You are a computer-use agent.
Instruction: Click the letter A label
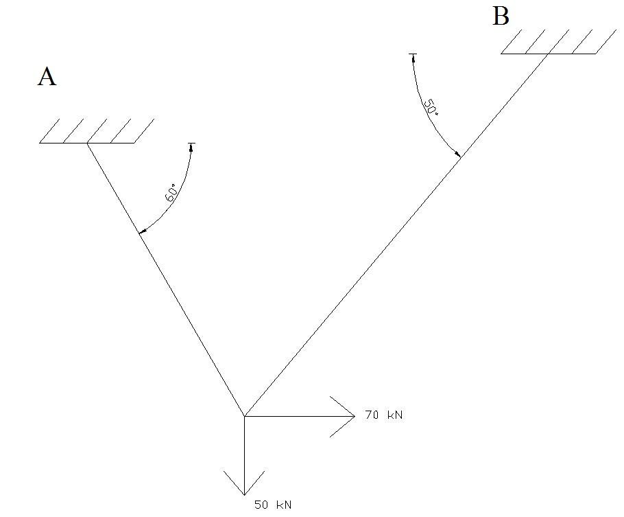[x=47, y=77]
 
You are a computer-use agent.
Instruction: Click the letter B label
[x=501, y=17]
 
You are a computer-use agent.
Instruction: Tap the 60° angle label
[x=172, y=193]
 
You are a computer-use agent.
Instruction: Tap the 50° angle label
[x=430, y=107]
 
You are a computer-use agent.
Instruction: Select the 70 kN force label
[x=385, y=415]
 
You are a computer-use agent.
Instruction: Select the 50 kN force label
[x=273, y=505]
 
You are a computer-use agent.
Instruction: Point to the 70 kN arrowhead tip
[x=354, y=415]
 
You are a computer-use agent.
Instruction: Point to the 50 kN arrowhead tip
[x=244, y=494]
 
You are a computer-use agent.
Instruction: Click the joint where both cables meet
[x=244, y=415]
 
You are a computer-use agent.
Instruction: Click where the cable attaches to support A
[x=87, y=143]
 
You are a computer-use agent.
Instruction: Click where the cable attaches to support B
[x=547, y=53]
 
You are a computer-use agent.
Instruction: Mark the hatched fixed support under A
[x=96, y=131]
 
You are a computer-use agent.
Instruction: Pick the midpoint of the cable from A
[x=165, y=279]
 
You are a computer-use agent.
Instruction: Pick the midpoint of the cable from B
[x=396, y=234]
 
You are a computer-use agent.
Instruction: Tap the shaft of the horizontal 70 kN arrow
[x=295, y=415]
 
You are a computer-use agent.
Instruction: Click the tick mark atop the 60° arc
[x=191, y=143]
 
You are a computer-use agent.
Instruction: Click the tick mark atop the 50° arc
[x=413, y=54]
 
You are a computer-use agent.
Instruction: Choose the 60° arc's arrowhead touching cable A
[x=141, y=233]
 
